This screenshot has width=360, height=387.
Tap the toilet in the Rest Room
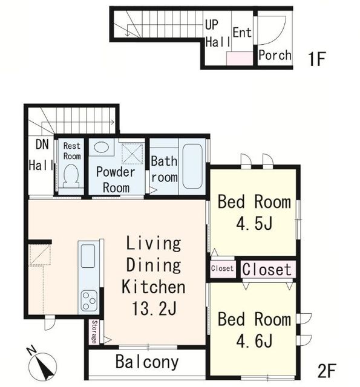(x=71, y=176)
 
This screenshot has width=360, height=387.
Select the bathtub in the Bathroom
(x=192, y=166)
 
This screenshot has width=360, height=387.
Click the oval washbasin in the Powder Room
(x=102, y=148)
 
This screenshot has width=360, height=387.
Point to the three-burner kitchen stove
(x=89, y=301)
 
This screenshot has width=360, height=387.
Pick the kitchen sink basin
(x=88, y=256)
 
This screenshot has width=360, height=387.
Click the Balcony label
(x=147, y=362)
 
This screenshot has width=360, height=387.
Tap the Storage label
(x=94, y=332)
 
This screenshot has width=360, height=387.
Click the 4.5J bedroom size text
(x=254, y=223)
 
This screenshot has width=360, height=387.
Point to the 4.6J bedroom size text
(x=254, y=341)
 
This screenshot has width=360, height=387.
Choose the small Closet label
(x=222, y=268)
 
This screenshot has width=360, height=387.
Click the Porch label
(x=275, y=55)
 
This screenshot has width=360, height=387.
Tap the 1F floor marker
(x=317, y=59)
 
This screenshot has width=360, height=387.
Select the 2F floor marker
(x=327, y=371)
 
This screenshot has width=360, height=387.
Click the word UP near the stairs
(x=212, y=25)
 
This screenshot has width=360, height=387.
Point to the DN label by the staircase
(x=42, y=145)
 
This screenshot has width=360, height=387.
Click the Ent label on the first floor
(x=242, y=33)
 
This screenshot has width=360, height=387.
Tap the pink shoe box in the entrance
(x=240, y=59)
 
